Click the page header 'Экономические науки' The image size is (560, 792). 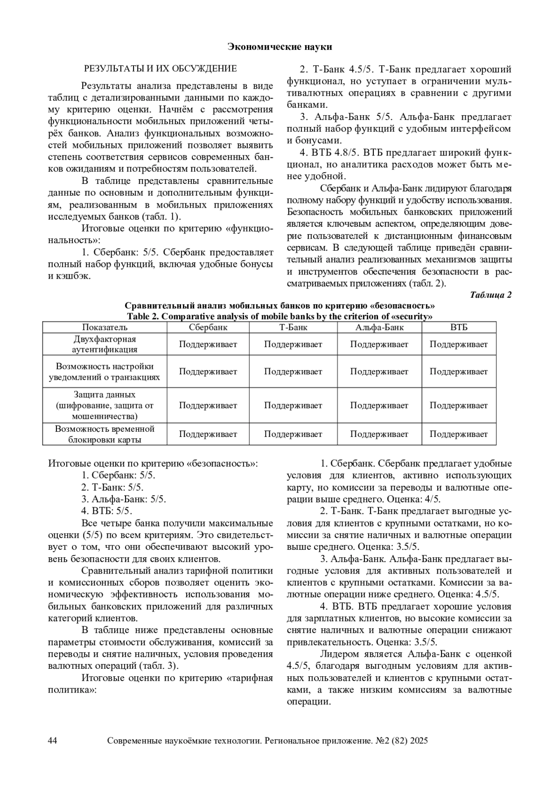pyautogui.click(x=280, y=47)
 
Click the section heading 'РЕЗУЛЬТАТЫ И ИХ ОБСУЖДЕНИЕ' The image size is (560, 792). pyautogui.click(x=160, y=69)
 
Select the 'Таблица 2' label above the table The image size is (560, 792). pyautogui.click(x=490, y=295)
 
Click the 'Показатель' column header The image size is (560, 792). pyautogui.click(x=105, y=327)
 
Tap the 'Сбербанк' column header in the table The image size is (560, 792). pyautogui.click(x=208, y=327)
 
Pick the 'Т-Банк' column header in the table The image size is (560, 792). pyautogui.click(x=293, y=327)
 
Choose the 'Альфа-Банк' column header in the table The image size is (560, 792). pyautogui.click(x=379, y=327)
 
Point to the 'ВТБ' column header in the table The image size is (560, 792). pyautogui.click(x=459, y=327)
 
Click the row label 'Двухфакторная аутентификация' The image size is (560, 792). pyautogui.click(x=105, y=344)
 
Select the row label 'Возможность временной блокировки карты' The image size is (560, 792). pyautogui.click(x=105, y=434)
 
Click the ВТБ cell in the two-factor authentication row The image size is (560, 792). pyautogui.click(x=459, y=344)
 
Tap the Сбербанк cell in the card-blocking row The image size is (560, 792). pyautogui.click(x=208, y=434)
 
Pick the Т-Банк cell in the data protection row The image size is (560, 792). pyautogui.click(x=293, y=406)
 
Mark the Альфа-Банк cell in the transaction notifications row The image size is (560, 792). pyautogui.click(x=379, y=371)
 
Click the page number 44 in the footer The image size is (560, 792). pyautogui.click(x=53, y=741)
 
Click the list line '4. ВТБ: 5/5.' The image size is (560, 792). pyautogui.click(x=107, y=511)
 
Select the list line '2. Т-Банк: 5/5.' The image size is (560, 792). pyautogui.click(x=112, y=487)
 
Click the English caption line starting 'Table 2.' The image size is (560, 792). pyautogui.click(x=280, y=316)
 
